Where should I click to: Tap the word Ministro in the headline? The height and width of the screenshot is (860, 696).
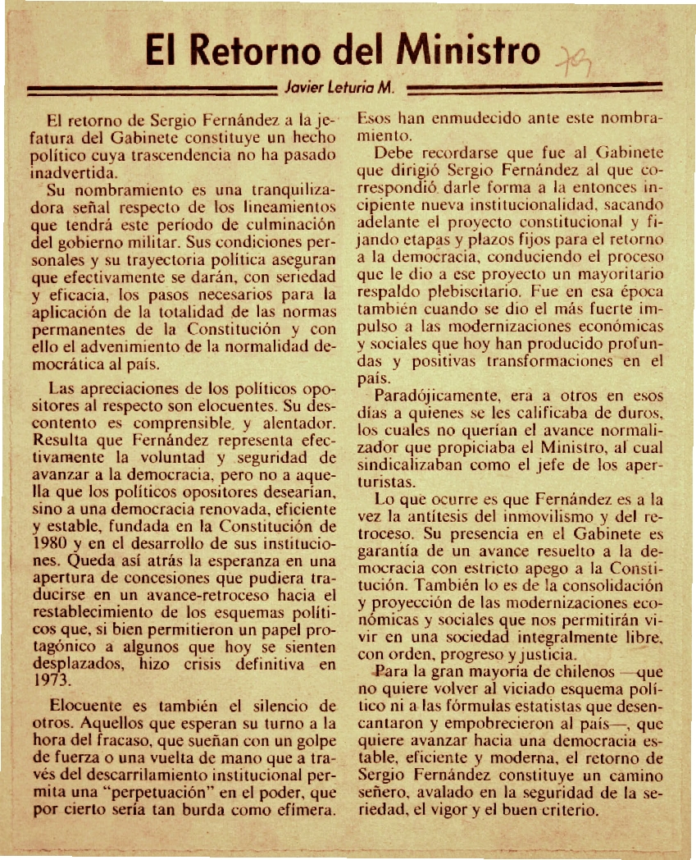466,51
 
